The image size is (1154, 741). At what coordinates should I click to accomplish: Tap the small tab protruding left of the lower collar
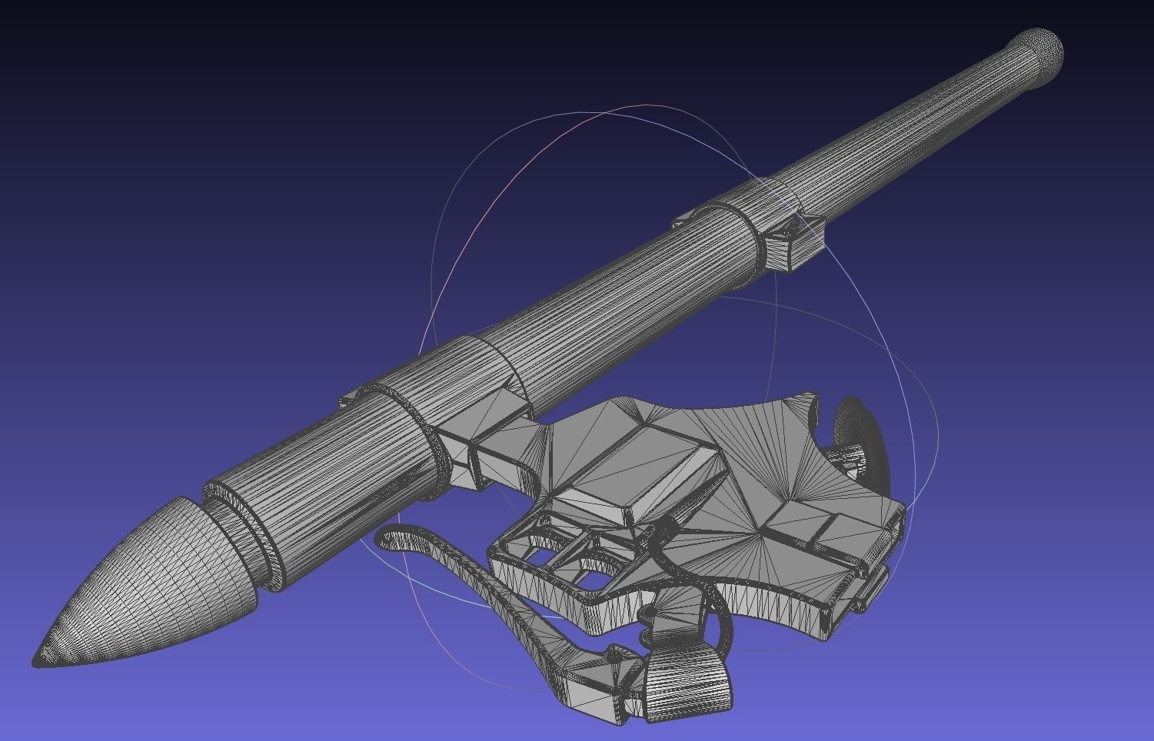(x=349, y=398)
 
